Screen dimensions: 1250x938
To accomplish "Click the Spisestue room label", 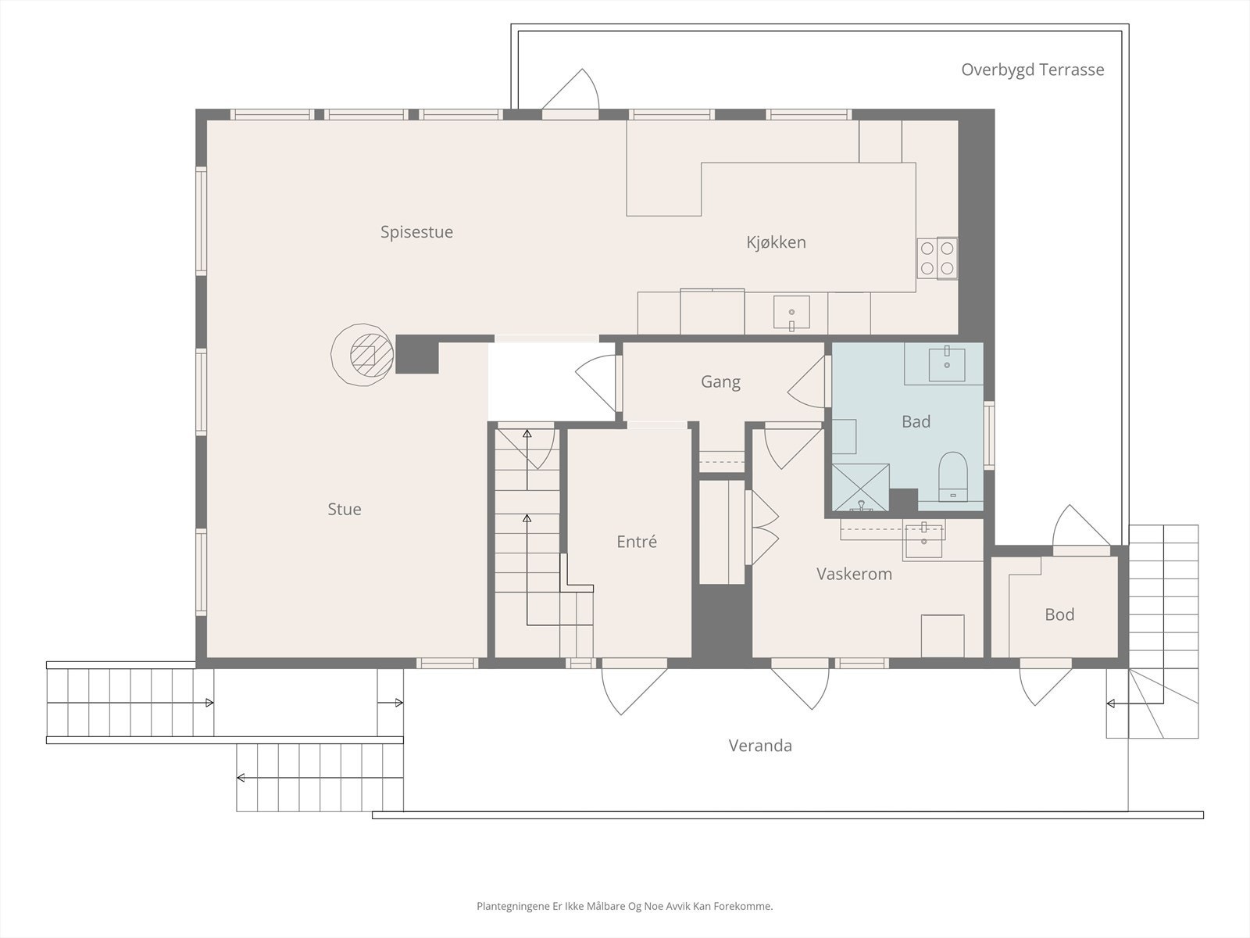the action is tap(416, 232).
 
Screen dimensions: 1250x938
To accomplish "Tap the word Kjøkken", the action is tap(776, 242).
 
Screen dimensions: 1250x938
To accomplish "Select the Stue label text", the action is tap(344, 509).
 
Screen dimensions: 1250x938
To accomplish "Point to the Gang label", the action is tap(720, 382).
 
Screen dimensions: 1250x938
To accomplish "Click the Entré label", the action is tap(637, 541).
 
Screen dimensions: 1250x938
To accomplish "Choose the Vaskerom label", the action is tap(854, 574).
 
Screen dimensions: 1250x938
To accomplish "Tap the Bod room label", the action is tap(1059, 614).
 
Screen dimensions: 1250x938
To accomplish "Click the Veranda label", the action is tap(760, 746).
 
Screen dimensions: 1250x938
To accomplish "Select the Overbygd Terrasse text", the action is tap(1033, 70).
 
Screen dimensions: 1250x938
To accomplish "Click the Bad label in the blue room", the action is tap(916, 421).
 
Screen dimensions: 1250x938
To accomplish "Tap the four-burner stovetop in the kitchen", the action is tap(937, 257).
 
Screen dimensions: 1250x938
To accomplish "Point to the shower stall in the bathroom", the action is tap(860, 487).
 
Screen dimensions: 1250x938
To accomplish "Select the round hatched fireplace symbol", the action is tap(362, 355).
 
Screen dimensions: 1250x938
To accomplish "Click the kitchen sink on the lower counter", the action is tap(791, 312).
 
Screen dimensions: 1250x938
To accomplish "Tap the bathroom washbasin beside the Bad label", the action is tap(946, 364).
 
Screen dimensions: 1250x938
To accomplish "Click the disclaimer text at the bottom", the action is tap(625, 906).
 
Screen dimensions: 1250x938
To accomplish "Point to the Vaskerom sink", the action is tap(923, 539).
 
